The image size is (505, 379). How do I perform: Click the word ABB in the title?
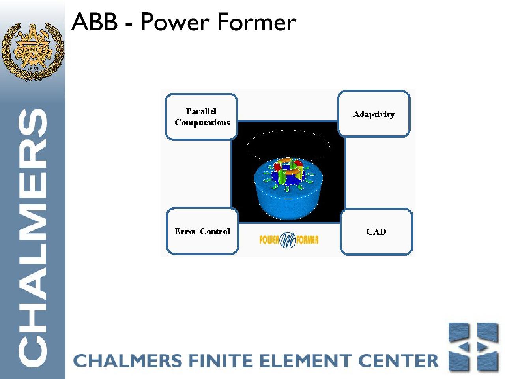point(95,22)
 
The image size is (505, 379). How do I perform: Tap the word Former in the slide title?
point(256,22)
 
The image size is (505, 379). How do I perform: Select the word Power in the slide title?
point(175,22)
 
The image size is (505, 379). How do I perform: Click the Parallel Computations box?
point(202,117)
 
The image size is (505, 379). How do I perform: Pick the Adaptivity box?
point(374,114)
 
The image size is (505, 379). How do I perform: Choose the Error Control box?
point(202,231)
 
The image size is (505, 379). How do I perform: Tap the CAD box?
point(376,232)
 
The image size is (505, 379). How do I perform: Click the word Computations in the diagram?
point(202,122)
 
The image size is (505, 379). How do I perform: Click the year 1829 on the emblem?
point(33,69)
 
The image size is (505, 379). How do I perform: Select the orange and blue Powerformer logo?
point(289,240)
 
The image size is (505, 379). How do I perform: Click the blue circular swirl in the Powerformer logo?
point(288,240)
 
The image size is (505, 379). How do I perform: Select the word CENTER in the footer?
point(398,360)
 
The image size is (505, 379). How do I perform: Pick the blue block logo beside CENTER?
point(473,347)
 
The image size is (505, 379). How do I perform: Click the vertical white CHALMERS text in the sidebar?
point(32,238)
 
